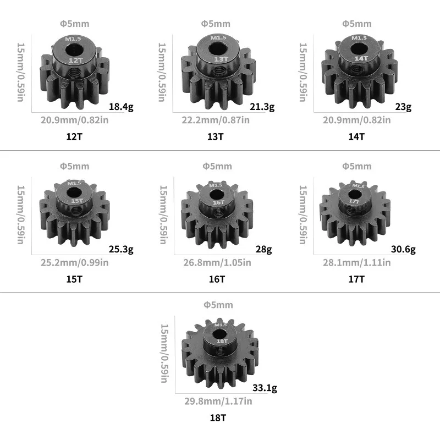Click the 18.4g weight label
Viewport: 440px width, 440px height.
(x=121, y=107)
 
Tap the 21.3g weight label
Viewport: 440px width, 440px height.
(x=261, y=107)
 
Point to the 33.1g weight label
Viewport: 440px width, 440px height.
(x=266, y=388)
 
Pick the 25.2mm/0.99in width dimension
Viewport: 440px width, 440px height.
(x=74, y=262)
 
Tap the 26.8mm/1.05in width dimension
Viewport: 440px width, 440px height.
(x=217, y=262)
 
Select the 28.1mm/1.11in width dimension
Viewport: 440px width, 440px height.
(x=356, y=262)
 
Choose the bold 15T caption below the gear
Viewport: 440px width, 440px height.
(x=74, y=279)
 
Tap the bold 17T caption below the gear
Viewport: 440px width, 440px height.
(x=356, y=279)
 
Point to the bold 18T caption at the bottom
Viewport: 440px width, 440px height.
(x=218, y=418)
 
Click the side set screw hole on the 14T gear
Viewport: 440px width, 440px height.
(x=361, y=71)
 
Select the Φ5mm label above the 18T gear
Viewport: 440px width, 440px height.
(x=218, y=305)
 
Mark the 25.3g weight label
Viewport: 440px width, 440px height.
(x=121, y=250)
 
